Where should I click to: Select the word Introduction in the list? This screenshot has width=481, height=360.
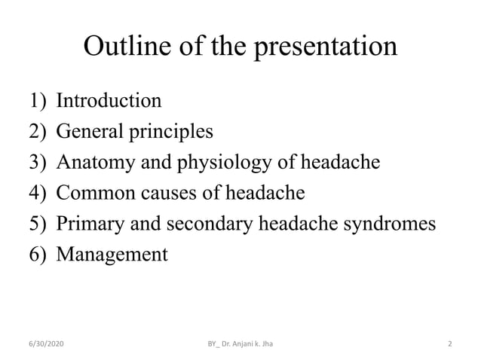tap(109, 100)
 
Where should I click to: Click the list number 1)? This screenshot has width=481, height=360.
tap(41, 100)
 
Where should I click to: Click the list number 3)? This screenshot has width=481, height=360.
tap(41, 162)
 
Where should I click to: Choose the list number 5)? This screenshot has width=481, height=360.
tap(41, 224)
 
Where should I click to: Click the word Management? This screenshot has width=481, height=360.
tap(112, 255)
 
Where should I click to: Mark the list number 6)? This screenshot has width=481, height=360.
tap(41, 255)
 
